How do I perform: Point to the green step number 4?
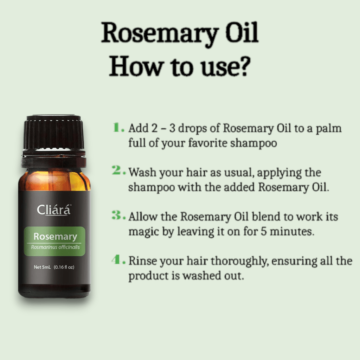coord(117,260)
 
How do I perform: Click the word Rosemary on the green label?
coord(55,237)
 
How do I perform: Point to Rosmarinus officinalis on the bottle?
coord(55,247)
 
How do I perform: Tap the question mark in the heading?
coord(242,66)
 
